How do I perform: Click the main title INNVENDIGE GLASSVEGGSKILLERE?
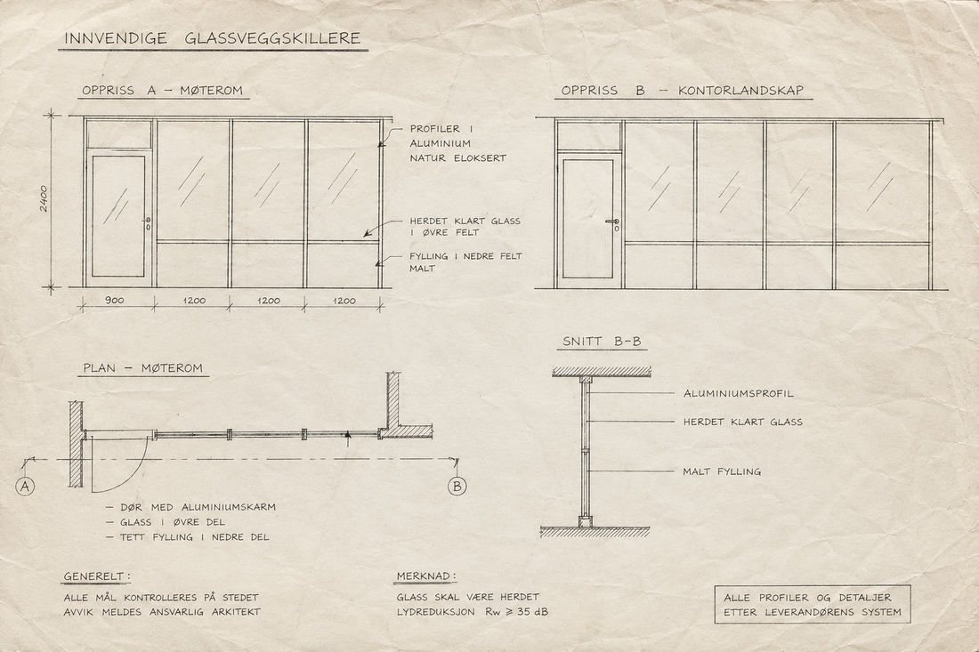click(213, 38)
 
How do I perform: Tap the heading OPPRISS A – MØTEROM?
click(162, 91)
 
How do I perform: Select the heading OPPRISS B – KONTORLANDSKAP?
click(682, 91)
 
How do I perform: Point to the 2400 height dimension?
click(44, 198)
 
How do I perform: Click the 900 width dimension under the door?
click(114, 301)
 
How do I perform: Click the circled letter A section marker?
click(25, 486)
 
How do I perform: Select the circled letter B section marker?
click(457, 486)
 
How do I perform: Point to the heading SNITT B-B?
click(602, 342)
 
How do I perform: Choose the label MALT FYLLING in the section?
click(722, 471)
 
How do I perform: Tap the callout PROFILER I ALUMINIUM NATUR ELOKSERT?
click(457, 143)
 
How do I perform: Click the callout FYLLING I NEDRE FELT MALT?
click(465, 262)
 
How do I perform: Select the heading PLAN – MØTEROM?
click(143, 368)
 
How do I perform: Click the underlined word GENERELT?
click(97, 576)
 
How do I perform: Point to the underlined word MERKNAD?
click(426, 576)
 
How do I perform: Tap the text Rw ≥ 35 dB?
click(516, 612)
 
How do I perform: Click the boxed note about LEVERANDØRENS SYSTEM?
click(813, 605)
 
